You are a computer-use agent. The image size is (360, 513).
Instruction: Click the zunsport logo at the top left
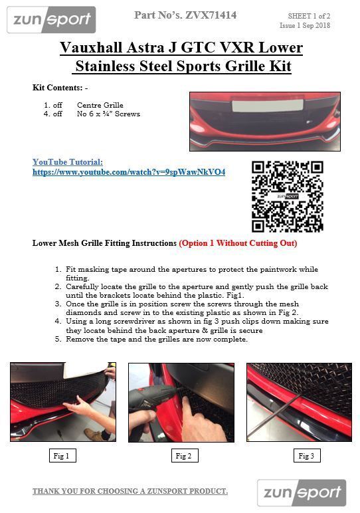[x=51, y=20]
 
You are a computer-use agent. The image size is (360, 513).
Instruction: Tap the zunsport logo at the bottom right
[x=302, y=492]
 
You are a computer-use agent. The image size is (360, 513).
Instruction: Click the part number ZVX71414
[x=211, y=15]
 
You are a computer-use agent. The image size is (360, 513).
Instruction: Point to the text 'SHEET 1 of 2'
[x=309, y=16]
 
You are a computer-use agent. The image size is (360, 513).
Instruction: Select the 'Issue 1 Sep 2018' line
[x=305, y=25]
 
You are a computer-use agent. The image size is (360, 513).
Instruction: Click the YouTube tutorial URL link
[x=129, y=172]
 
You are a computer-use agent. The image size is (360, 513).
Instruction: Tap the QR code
[x=288, y=196]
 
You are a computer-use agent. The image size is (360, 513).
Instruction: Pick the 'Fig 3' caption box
[x=306, y=455]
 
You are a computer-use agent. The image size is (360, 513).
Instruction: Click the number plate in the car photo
[x=268, y=106]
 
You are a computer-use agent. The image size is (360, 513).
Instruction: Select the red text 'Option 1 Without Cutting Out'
[x=238, y=243]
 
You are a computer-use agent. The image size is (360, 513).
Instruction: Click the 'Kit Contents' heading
[x=60, y=88]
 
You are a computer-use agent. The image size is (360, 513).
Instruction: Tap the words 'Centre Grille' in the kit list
[x=100, y=105]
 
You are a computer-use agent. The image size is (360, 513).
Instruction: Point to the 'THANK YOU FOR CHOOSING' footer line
[x=130, y=491]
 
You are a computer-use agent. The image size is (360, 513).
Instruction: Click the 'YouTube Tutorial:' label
[x=68, y=162]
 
